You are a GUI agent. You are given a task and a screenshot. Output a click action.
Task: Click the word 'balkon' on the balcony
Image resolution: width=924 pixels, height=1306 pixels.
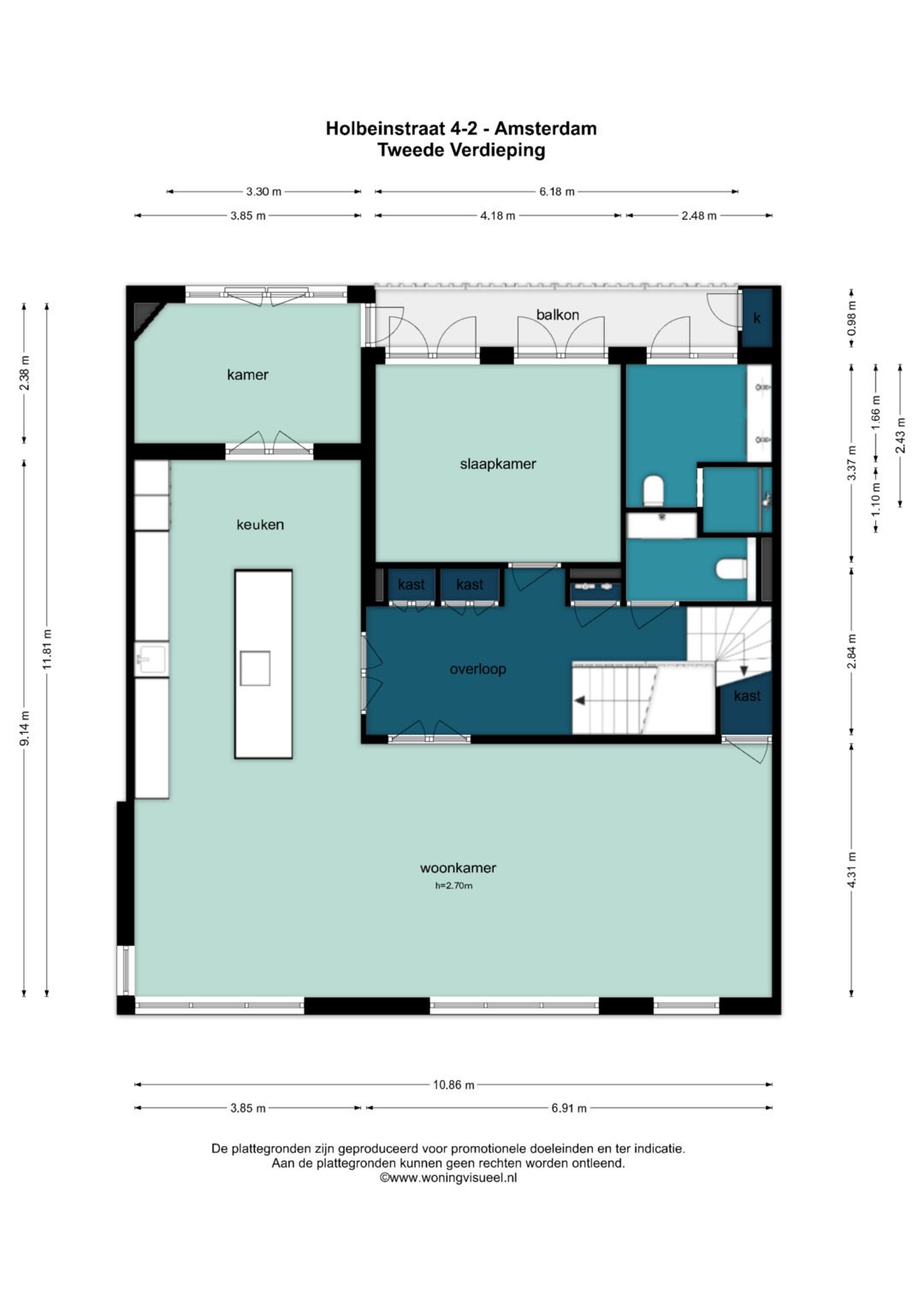click(x=557, y=315)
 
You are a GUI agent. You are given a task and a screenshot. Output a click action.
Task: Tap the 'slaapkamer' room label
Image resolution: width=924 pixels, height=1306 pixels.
click(x=498, y=464)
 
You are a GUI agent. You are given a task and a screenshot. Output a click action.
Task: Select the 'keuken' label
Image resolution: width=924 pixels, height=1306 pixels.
click(x=260, y=525)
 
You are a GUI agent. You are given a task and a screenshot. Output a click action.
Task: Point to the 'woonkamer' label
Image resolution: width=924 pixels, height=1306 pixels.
click(x=458, y=867)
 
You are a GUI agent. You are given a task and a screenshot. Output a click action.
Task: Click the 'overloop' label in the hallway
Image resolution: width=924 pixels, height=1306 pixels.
click(x=477, y=670)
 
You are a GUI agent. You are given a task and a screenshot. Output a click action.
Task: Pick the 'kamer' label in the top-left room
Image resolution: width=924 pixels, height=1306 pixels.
click(x=247, y=375)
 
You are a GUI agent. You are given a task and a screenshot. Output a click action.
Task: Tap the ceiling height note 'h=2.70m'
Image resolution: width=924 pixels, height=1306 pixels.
click(x=453, y=885)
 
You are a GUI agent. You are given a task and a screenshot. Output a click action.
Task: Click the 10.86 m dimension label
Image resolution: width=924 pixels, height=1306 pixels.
click(x=453, y=1085)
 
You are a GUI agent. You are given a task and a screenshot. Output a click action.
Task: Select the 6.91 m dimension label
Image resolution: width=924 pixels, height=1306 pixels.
click(x=569, y=1108)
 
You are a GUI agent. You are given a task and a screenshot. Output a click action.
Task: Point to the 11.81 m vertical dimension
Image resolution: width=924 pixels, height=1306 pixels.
click(x=47, y=649)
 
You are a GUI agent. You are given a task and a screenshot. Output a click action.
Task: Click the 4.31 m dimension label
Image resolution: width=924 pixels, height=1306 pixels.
click(x=851, y=871)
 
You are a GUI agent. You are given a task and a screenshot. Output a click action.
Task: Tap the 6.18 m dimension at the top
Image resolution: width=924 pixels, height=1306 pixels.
click(x=556, y=192)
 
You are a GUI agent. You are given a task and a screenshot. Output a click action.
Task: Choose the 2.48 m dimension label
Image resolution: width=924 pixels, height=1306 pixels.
click(x=699, y=216)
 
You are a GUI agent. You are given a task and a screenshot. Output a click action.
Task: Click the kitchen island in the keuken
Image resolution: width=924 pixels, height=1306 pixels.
click(x=264, y=664)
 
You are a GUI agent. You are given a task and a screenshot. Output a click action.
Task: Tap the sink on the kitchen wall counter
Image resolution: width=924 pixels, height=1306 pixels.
click(x=151, y=659)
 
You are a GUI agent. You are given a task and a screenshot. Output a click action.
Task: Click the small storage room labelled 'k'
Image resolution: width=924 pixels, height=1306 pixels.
click(x=756, y=318)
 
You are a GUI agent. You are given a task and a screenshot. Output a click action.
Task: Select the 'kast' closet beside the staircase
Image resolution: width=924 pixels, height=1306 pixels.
click(x=747, y=702)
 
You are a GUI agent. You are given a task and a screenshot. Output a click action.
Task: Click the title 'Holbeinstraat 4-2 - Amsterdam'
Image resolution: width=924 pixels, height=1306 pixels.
click(x=461, y=128)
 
